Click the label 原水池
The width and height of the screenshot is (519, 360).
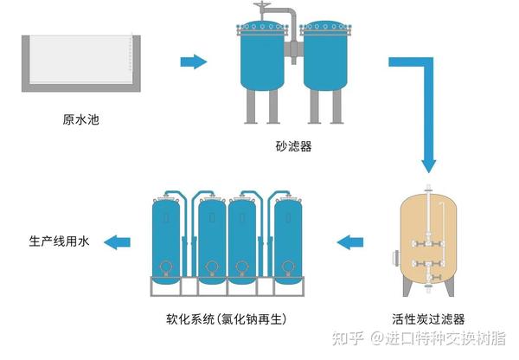[x=80, y=119]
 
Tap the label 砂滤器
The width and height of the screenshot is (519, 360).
[x=293, y=145]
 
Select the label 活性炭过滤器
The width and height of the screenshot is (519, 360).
[x=428, y=319]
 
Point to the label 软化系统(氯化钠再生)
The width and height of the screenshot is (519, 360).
[x=227, y=319]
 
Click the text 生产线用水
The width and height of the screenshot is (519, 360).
[x=59, y=241]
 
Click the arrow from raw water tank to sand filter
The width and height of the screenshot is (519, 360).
[x=194, y=61]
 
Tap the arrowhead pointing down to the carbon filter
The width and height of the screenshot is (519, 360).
[x=429, y=166]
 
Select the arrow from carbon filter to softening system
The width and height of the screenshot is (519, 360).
[x=350, y=242]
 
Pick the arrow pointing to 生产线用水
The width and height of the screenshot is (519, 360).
[x=117, y=242]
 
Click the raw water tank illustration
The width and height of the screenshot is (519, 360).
[x=81, y=63]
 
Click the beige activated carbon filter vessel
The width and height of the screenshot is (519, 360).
[x=429, y=241]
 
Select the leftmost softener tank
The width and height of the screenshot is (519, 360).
[x=166, y=240]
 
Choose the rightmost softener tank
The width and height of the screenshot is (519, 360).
[x=288, y=240]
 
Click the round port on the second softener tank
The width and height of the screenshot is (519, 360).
[x=211, y=267]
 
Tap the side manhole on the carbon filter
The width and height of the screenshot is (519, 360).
[x=396, y=259]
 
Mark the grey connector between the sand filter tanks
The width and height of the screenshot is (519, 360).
[x=293, y=49]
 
